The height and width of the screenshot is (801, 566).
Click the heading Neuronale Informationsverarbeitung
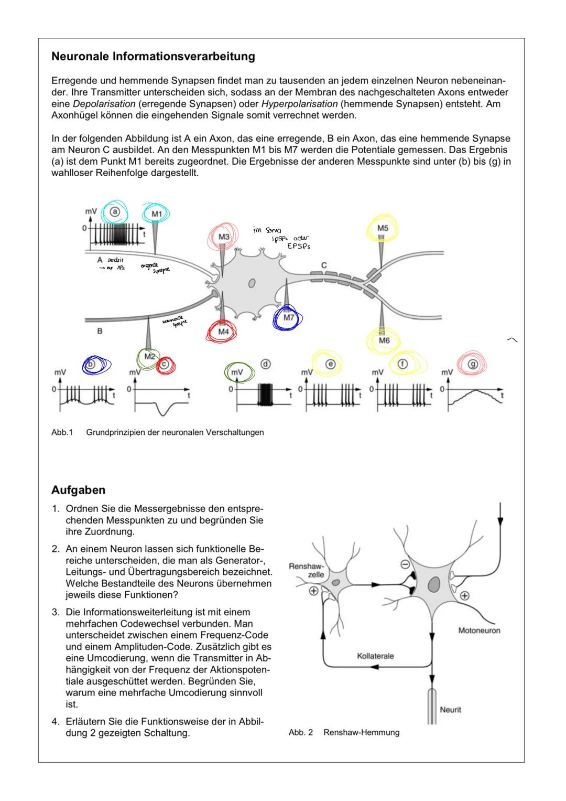(153, 57)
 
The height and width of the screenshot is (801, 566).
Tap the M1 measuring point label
(157, 214)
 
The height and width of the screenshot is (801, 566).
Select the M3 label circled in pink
(224, 237)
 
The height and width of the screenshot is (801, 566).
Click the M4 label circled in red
(224, 332)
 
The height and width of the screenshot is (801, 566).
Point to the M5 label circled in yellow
(383, 228)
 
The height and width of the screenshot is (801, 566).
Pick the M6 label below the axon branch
(384, 340)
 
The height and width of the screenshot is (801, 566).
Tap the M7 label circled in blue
(289, 317)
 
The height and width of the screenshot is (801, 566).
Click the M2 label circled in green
(150, 357)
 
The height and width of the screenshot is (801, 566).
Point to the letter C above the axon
(324, 265)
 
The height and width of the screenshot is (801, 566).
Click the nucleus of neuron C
(252, 283)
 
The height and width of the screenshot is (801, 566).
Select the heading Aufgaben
(78, 490)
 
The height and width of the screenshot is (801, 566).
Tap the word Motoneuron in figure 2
(479, 631)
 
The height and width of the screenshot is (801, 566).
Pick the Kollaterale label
(375, 656)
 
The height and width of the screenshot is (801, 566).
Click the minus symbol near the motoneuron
(405, 565)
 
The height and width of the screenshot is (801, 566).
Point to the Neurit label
(451, 710)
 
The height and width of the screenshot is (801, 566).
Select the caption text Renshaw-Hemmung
(361, 732)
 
